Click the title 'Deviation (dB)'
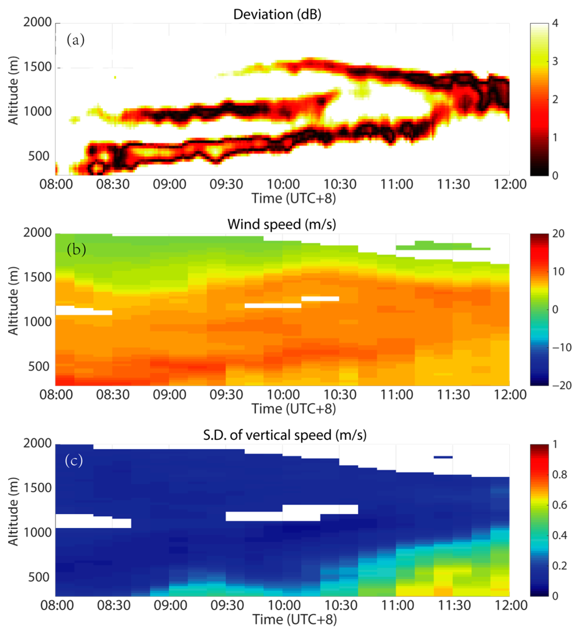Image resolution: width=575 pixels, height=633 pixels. click(277, 14)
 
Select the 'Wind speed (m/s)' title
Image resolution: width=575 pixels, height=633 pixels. click(281, 224)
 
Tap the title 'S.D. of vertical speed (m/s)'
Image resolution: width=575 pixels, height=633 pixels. click(285, 435)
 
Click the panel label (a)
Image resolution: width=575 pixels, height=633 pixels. click(75, 40)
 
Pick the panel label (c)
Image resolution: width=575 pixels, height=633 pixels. click(74, 461)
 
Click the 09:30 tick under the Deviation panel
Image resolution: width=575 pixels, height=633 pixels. click(226, 184)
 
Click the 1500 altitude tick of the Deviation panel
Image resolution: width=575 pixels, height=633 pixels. click(37, 67)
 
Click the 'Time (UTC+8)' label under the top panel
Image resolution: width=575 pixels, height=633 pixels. click(294, 199)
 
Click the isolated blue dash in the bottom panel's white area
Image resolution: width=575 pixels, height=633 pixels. click(443, 457)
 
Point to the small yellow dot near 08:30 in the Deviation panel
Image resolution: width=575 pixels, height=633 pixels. click(115, 77)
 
